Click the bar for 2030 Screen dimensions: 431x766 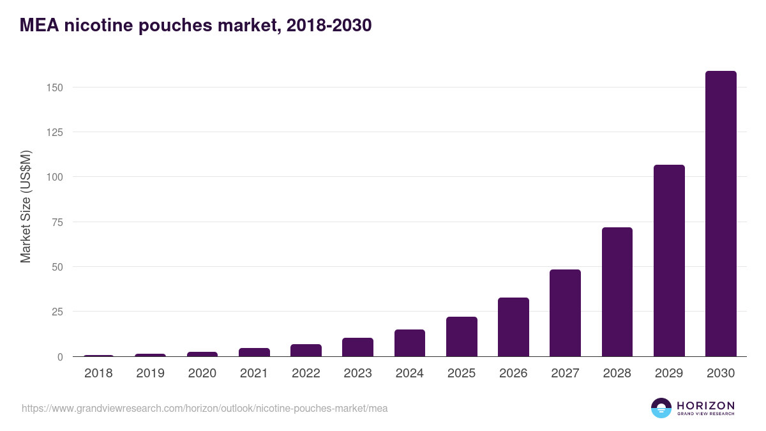click(x=721, y=214)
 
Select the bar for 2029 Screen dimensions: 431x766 click(x=669, y=261)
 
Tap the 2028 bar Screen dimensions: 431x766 click(x=617, y=292)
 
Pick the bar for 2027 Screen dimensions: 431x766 click(x=565, y=313)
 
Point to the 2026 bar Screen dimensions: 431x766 click(x=513, y=327)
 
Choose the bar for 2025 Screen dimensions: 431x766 click(x=462, y=336)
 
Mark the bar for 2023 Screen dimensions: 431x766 click(x=357, y=347)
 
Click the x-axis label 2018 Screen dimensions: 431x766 click(x=98, y=373)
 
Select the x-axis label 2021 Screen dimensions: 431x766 click(x=254, y=373)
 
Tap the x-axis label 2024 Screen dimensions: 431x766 click(x=409, y=373)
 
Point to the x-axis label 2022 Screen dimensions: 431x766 click(x=306, y=373)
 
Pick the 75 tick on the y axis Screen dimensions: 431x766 click(x=57, y=222)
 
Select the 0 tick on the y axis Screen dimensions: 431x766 click(x=60, y=357)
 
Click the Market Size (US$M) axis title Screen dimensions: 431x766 click(x=26, y=207)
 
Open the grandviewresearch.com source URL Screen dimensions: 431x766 click(x=204, y=408)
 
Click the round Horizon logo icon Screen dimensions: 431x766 click(x=661, y=408)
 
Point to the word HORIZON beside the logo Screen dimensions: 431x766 click(x=705, y=405)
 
